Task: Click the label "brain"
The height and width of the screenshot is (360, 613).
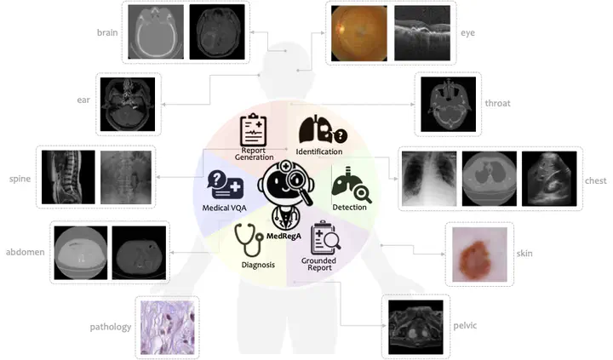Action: pos(107,32)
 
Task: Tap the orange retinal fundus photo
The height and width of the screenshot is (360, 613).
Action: pos(359,33)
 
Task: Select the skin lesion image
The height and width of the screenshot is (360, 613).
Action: pos(479,254)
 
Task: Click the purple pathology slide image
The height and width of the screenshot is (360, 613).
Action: pos(168,328)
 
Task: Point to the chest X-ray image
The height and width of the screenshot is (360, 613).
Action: pos(429,179)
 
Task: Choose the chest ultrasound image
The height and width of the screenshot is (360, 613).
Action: pos(549,179)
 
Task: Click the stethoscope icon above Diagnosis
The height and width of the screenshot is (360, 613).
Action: pos(249,240)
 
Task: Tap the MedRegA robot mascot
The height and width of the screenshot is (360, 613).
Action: pos(286,194)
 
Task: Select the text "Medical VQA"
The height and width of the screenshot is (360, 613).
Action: pos(225,208)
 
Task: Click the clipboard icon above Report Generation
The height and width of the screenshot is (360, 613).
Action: pos(254,129)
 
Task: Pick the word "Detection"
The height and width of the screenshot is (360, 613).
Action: pos(350,207)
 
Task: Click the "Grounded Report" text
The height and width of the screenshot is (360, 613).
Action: pos(319,264)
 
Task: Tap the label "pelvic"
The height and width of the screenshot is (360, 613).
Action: pos(465,326)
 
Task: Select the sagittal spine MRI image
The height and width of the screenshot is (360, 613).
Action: pos(68,177)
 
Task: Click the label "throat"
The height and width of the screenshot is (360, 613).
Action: pos(498,103)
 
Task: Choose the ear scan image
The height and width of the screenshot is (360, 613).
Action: pos(128,105)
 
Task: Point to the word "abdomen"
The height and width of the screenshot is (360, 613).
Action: pos(25,252)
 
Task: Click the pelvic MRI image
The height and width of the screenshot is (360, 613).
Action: pos(415,327)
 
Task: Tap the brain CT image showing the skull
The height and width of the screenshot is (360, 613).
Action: pos(156,32)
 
